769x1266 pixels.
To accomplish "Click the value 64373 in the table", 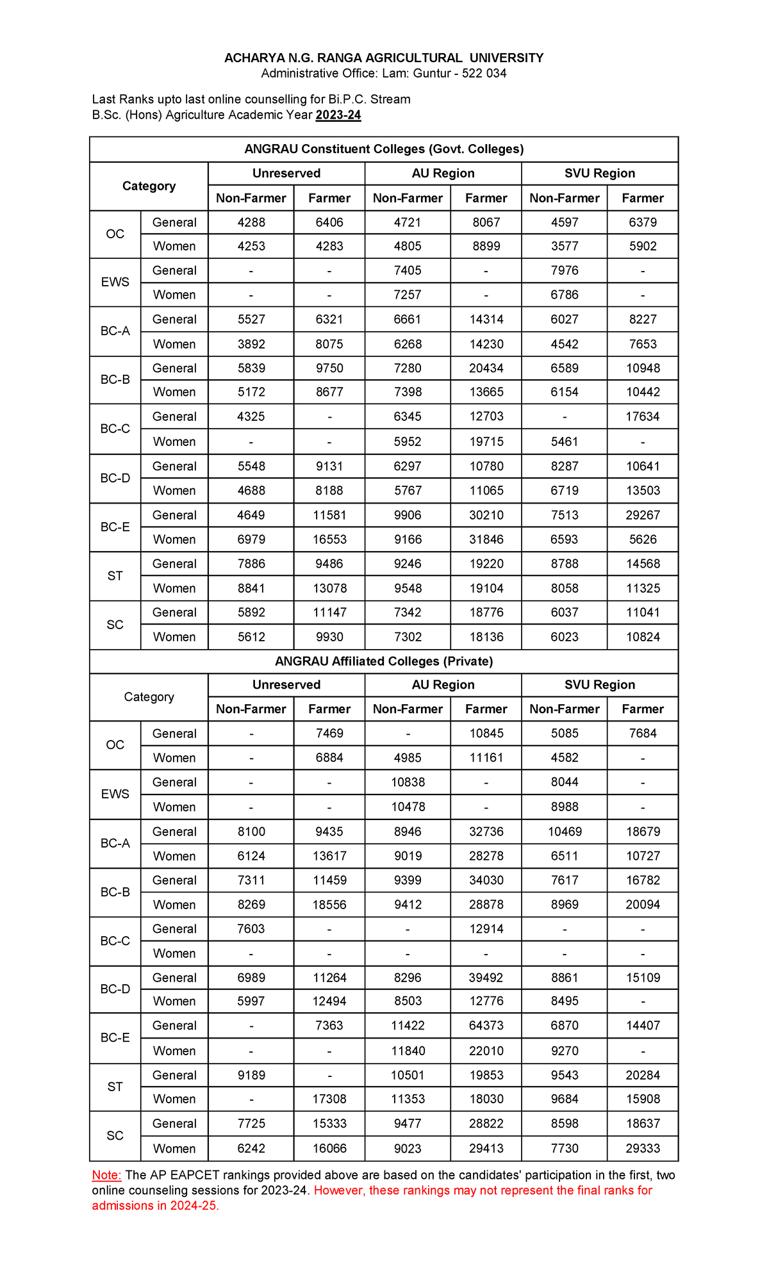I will click(x=486, y=1025).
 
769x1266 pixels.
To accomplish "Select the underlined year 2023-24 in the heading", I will click(x=338, y=115).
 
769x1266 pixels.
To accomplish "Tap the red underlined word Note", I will click(x=106, y=1175).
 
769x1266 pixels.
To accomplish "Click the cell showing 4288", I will click(x=251, y=222).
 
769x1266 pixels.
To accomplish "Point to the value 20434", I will click(x=486, y=368).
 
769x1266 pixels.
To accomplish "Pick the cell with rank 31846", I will click(x=486, y=539).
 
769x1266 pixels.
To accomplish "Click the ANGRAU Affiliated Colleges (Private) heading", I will click(x=384, y=661).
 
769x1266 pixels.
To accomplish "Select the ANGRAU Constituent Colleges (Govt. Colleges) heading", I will click(x=384, y=149).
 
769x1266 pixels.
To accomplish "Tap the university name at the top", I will click(x=384, y=58).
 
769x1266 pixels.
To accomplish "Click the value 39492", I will click(x=486, y=977).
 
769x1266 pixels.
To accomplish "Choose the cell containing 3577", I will click(x=564, y=246).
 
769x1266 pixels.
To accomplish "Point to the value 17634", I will click(x=642, y=416).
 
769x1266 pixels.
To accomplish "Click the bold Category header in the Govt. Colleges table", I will click(x=149, y=186).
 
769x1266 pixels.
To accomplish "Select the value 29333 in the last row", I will click(x=642, y=1148).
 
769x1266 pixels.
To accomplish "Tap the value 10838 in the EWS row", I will click(x=408, y=782).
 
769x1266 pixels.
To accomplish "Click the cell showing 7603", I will click(x=251, y=928).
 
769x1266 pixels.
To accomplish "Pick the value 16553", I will click(x=329, y=539).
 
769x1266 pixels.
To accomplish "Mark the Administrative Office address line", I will click(x=384, y=74).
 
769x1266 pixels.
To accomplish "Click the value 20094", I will click(x=642, y=904).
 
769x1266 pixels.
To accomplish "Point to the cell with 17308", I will click(x=329, y=1099).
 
